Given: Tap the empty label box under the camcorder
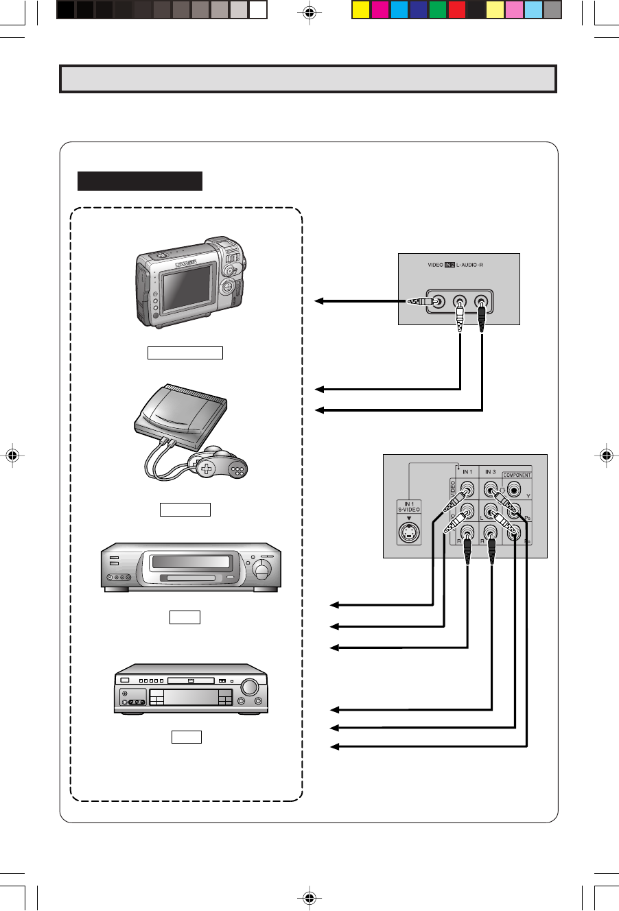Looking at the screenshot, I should coord(185,353).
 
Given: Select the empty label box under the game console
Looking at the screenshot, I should coord(185,510).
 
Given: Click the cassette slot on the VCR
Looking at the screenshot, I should coord(191,563).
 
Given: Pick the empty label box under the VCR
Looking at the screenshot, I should coord(185,617).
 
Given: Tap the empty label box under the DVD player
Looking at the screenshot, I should coord(186,737).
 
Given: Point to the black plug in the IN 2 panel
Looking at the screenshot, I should coord(482,318).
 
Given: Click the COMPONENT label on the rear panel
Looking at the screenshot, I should coord(517,475).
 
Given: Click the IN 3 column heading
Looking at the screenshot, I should coord(490,472).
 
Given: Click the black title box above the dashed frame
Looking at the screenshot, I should coord(140,180).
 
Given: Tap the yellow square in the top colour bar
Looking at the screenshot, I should coord(361,10).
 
